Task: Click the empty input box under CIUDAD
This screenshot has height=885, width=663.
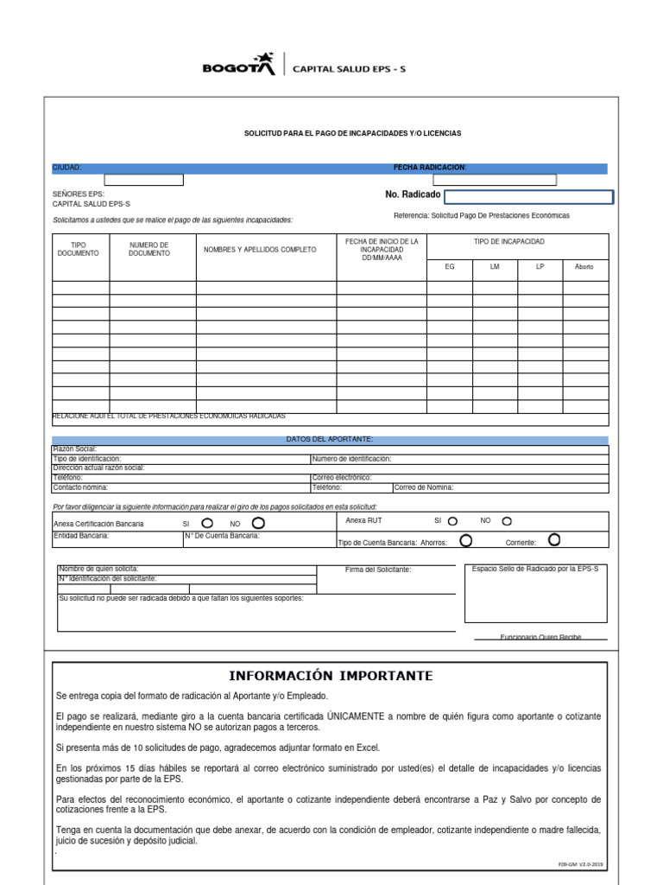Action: click(143, 180)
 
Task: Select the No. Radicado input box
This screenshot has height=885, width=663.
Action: click(528, 197)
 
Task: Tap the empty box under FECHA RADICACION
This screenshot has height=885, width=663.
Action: click(495, 180)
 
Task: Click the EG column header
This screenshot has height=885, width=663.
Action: click(449, 267)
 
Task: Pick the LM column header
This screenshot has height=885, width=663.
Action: click(495, 267)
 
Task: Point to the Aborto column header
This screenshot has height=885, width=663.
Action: click(584, 267)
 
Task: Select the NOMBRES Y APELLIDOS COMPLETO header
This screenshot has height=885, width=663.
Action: click(260, 250)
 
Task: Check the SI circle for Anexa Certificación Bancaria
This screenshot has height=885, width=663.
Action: click(208, 524)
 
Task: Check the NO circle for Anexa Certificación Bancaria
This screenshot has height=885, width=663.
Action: click(258, 524)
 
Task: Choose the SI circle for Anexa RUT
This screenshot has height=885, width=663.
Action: click(453, 521)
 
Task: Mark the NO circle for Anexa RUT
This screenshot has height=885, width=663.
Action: click(507, 521)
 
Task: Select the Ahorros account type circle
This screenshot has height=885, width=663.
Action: click(466, 541)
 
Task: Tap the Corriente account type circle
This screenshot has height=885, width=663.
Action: click(554, 541)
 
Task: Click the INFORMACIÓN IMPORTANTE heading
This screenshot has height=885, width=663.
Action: click(331, 675)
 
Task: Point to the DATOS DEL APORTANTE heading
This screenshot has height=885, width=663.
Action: click(330, 439)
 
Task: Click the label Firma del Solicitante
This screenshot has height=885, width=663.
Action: click(378, 570)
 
